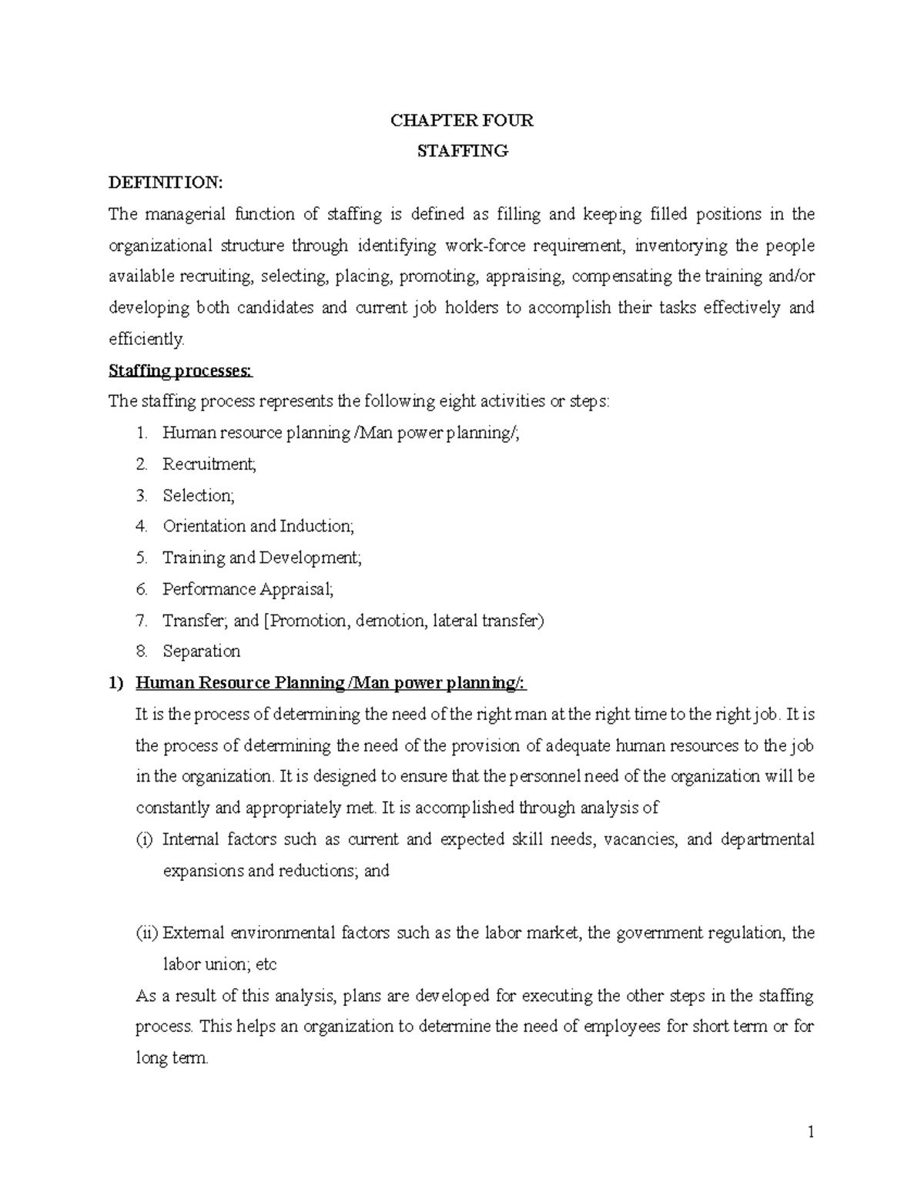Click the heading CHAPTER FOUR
tap(462, 120)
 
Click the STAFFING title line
tap(462, 151)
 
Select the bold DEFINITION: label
tap(165, 183)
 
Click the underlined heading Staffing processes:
tap(180, 370)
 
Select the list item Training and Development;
tap(262, 558)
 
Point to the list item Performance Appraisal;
tap(249, 589)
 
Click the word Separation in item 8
tap(201, 652)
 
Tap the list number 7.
tap(141, 621)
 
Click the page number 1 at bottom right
tap(810, 1132)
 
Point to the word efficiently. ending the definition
tap(147, 339)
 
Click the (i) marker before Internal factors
tap(145, 839)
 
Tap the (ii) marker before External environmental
tap(147, 933)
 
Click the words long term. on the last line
tap(172, 1058)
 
